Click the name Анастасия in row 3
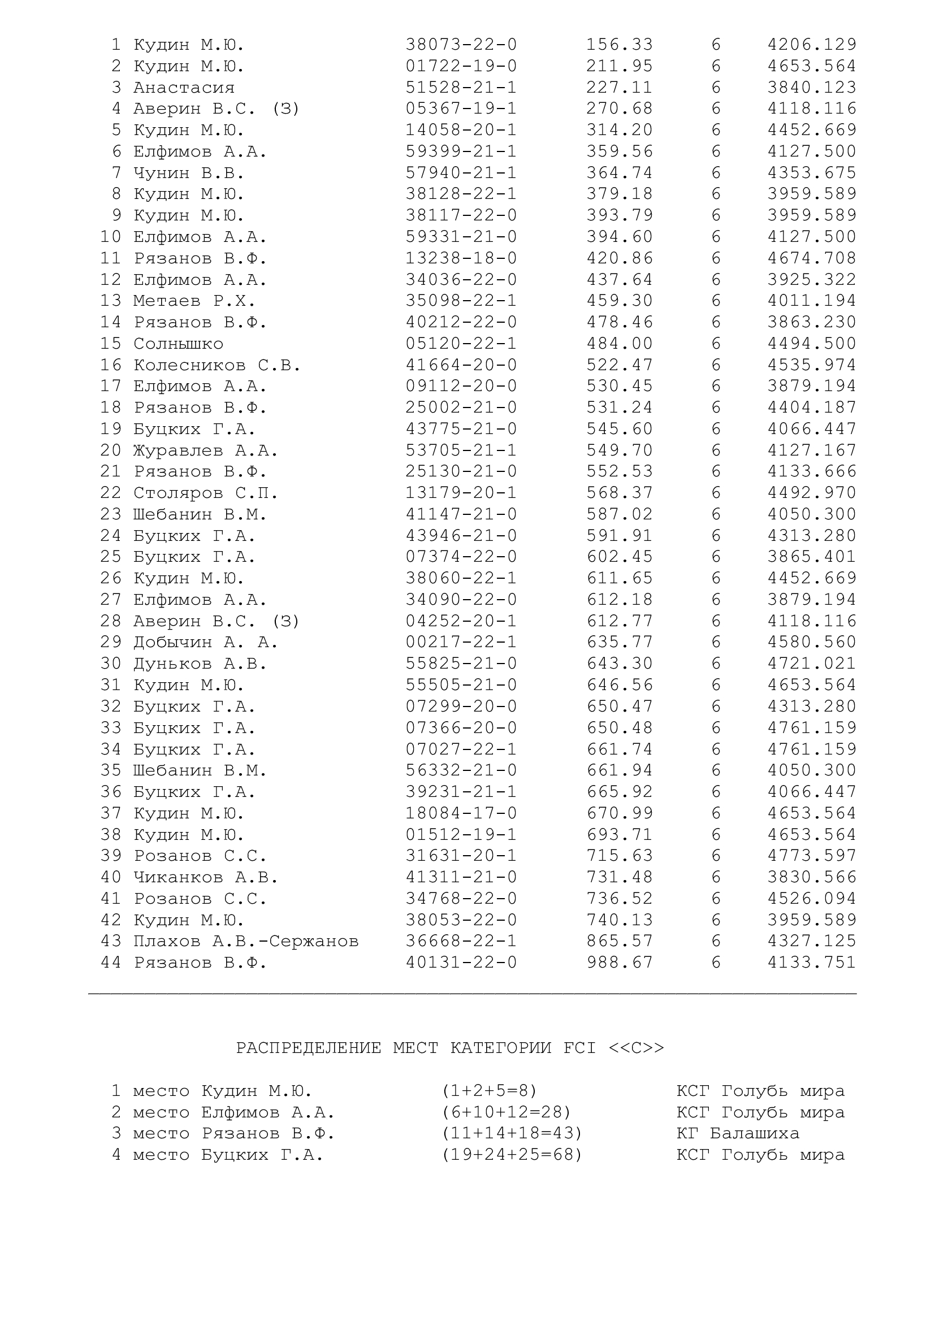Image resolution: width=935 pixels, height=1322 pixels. tap(184, 88)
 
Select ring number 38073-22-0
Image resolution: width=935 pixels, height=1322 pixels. tap(461, 45)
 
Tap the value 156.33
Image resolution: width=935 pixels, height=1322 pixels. tap(620, 45)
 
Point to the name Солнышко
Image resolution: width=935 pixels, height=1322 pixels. tap(178, 344)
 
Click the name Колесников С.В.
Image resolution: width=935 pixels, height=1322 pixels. tap(217, 365)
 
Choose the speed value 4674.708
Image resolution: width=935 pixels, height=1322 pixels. tap(812, 258)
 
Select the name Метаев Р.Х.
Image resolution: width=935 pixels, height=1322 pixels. tap(194, 301)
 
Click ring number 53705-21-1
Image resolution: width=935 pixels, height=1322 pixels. tap(461, 450)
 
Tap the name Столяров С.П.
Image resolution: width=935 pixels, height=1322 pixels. tap(206, 493)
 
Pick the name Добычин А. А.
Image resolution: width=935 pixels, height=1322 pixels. tap(206, 642)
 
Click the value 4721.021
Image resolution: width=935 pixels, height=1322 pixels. tap(812, 664)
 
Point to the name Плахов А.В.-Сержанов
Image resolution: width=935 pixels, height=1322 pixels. tap(246, 941)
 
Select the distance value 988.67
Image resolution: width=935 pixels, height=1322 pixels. tap(620, 962)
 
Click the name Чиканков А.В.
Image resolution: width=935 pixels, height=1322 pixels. tap(206, 877)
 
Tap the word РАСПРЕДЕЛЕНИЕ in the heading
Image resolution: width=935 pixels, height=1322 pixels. tap(309, 1048)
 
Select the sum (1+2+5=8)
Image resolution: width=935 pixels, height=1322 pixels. tap(489, 1090)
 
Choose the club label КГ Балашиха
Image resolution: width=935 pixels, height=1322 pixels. tap(738, 1133)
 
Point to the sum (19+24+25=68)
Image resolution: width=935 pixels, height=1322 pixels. tap(512, 1155)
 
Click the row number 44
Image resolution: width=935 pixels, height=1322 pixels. tap(111, 962)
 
